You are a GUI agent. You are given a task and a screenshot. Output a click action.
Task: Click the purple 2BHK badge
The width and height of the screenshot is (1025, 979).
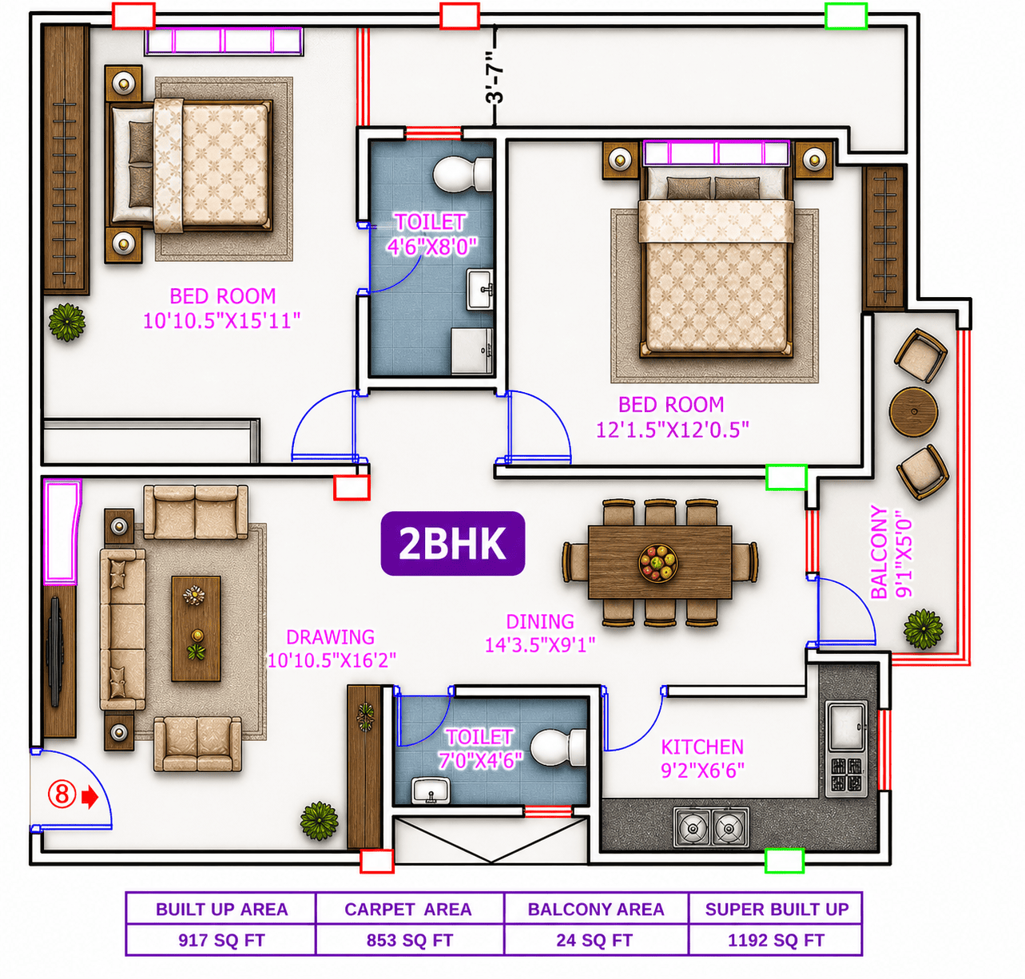(452, 543)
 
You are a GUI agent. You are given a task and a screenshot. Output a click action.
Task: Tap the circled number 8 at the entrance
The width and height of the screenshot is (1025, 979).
(62, 794)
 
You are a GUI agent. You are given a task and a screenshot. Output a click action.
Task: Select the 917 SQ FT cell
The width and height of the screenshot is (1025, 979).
(220, 940)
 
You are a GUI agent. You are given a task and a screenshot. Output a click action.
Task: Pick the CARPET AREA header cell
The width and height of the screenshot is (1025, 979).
(410, 909)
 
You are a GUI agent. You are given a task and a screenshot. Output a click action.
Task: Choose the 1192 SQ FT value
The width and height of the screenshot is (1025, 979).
(775, 940)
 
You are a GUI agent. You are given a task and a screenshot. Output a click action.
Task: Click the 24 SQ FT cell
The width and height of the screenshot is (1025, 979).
(596, 940)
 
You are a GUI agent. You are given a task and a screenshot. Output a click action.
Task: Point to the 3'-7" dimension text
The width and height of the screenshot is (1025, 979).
(495, 77)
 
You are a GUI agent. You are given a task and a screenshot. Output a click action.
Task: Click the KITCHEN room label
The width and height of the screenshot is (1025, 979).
(702, 747)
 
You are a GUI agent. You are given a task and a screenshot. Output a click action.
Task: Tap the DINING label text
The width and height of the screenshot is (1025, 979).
(540, 621)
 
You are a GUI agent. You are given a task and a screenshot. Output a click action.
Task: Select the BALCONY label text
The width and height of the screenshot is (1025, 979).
(879, 552)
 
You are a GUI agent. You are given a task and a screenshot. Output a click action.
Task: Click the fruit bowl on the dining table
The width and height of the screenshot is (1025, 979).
(658, 563)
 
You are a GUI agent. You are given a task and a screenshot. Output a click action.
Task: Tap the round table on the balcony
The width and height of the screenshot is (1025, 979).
(913, 411)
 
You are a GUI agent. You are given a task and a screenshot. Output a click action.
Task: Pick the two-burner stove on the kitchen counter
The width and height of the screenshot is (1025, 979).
(711, 828)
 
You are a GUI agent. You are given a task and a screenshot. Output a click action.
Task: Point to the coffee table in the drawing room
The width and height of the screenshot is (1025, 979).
(196, 628)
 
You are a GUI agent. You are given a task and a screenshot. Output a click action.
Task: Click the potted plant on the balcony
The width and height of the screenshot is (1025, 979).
(923, 629)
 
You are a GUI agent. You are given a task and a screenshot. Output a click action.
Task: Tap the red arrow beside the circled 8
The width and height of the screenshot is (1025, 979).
(90, 797)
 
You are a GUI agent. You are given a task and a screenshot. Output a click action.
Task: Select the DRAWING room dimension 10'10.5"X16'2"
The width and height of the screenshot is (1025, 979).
(332, 660)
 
